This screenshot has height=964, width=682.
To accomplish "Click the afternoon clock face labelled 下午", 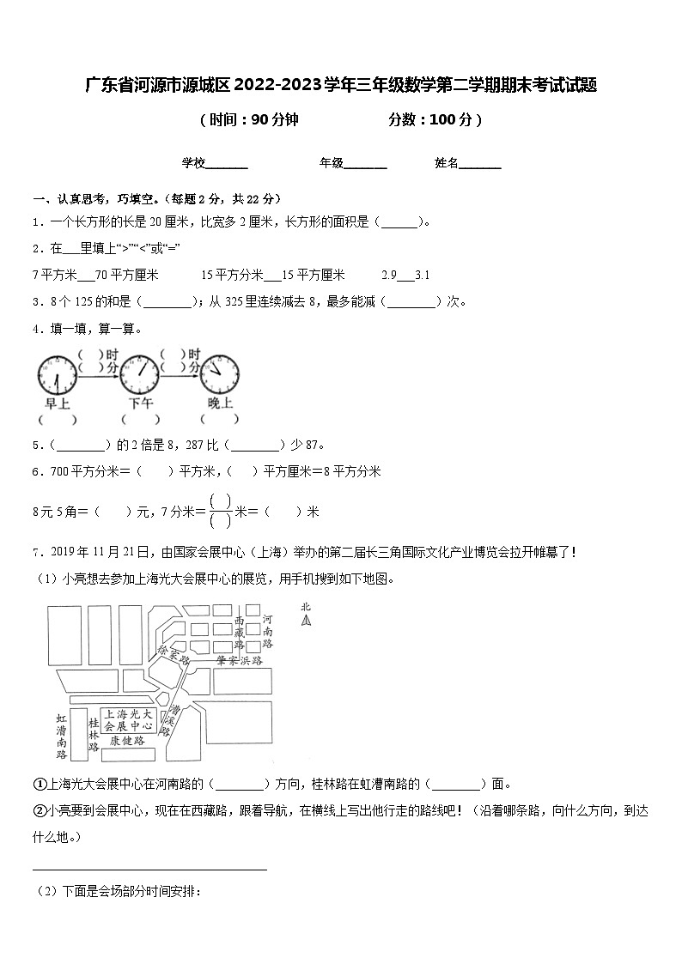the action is (x=140, y=374).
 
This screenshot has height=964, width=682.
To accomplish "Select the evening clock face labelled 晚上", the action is (x=221, y=374).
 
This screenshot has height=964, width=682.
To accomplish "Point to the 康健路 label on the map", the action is (x=126, y=740).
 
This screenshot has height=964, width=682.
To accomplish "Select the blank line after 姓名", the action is (x=480, y=165).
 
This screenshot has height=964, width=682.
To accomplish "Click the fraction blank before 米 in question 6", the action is (x=221, y=511).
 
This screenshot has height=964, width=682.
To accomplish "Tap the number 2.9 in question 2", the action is (x=388, y=275).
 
